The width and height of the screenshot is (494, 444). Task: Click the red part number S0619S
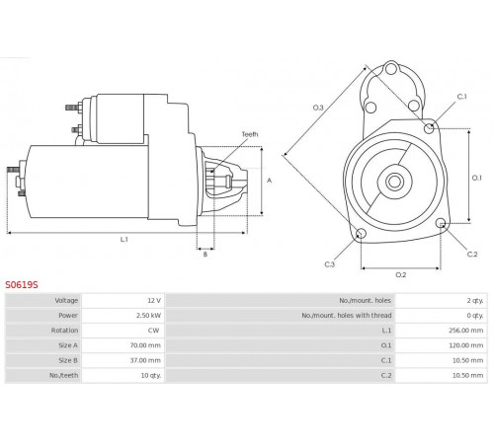pos(22,285)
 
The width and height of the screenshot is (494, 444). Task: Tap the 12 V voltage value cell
pos(154,301)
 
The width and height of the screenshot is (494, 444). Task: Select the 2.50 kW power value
pos(148,316)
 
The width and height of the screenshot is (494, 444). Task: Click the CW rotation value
pos(153,331)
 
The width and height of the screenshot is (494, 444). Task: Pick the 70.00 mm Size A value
pos(145,345)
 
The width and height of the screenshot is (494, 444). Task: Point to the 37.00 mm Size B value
pos(145,360)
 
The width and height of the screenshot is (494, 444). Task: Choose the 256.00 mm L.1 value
pos(465,331)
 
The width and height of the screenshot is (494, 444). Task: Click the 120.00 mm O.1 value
pos(465,345)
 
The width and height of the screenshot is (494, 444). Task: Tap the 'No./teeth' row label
pos(64,375)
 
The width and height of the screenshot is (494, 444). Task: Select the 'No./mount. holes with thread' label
pos(347,316)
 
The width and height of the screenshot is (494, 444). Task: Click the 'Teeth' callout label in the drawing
pos(250,134)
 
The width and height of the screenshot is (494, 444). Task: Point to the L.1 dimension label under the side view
pos(123,240)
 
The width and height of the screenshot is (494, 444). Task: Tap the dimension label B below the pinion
pos(206,255)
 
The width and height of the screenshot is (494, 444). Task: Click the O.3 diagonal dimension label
pos(318,108)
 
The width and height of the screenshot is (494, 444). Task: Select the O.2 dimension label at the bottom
pos(401,275)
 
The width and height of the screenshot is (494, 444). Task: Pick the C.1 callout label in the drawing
pos(461,97)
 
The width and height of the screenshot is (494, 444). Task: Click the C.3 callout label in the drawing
pos(330,264)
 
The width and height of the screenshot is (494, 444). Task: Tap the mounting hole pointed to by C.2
pos(441,223)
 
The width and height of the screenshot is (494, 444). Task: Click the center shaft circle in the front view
pos(394,182)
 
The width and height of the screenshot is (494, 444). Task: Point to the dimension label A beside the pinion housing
pos(269,181)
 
